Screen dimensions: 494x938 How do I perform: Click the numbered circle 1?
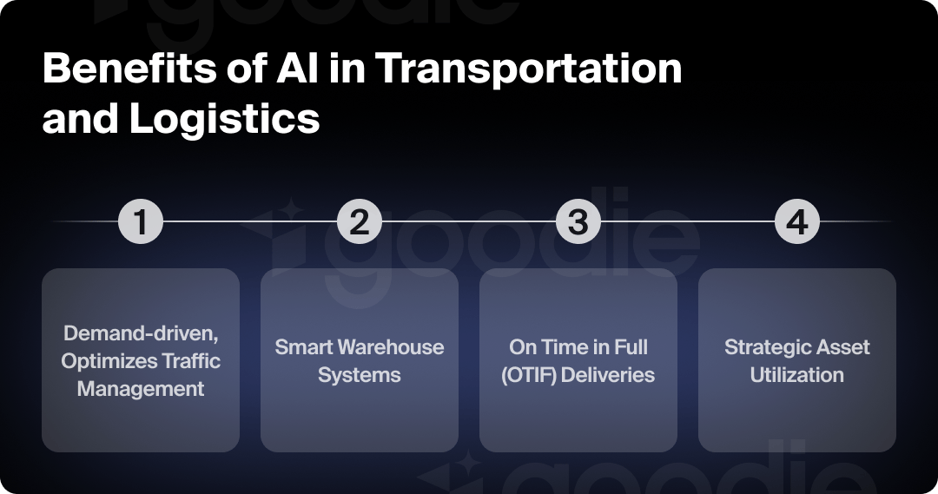[141, 222]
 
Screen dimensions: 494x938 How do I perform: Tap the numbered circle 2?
[360, 222]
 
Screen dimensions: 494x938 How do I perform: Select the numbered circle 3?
[578, 222]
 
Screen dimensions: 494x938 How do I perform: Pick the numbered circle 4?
[796, 222]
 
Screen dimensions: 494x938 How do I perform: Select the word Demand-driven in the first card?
[141, 333]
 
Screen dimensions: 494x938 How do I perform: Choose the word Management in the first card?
[141, 388]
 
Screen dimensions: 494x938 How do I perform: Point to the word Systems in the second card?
[360, 375]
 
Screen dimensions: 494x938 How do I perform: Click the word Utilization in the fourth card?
[796, 375]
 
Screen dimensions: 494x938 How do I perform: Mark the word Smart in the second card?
[304, 347]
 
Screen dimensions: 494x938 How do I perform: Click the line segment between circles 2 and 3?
[469, 222]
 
